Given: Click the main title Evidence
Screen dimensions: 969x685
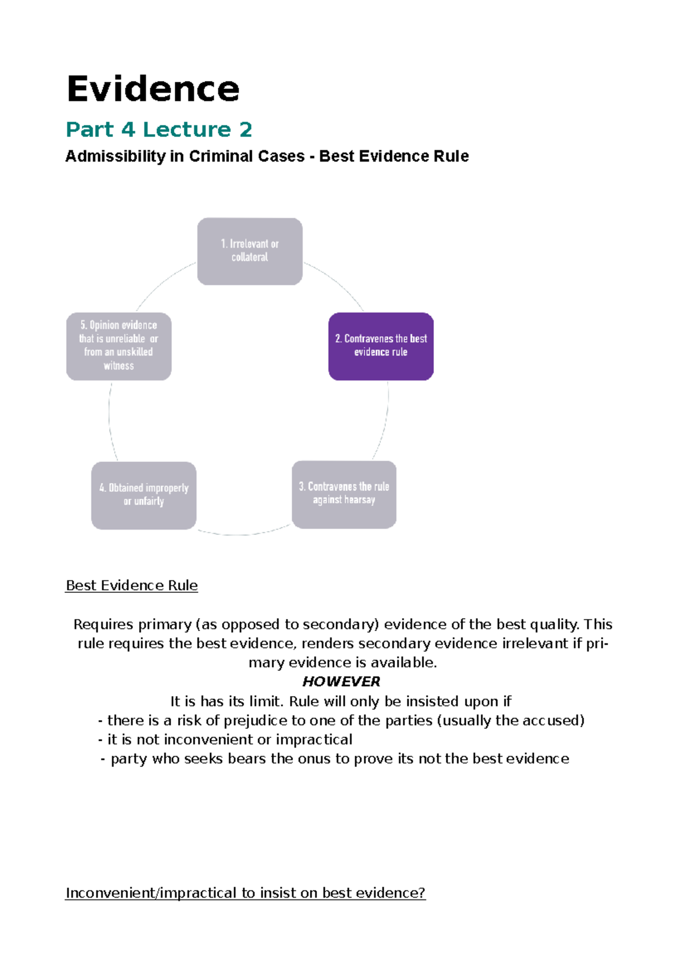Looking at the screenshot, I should coord(153,90).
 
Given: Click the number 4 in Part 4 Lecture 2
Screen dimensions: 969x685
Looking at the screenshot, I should coord(128,130).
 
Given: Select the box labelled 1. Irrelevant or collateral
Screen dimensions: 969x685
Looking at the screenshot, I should coord(249,251).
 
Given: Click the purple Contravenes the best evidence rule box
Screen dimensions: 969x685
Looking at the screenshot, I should coord(381,346).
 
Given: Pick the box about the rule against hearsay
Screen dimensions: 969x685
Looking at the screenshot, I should coord(344,494).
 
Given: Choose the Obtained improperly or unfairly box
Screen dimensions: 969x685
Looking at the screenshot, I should coord(143,495).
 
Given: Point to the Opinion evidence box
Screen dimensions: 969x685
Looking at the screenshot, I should coord(119,346).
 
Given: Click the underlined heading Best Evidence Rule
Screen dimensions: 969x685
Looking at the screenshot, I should coord(131,586).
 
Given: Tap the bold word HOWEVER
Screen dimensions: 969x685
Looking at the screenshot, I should coord(341,682).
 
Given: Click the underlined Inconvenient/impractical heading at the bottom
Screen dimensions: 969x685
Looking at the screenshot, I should coord(245,893).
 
